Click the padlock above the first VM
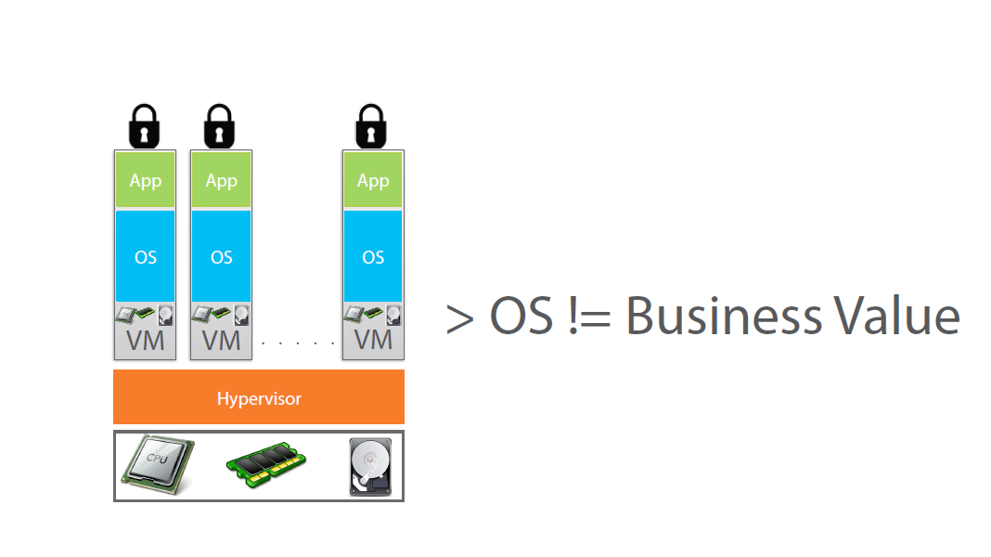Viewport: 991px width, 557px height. [x=144, y=125]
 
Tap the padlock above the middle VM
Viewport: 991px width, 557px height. [x=220, y=125]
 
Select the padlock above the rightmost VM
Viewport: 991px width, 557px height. [x=371, y=125]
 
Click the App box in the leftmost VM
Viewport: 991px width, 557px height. [x=146, y=180]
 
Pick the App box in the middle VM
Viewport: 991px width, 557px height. [x=222, y=180]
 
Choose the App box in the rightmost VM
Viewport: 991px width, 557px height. [x=373, y=180]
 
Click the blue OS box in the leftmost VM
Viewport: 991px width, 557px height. [x=146, y=256]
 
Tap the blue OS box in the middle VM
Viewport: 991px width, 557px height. [x=222, y=256]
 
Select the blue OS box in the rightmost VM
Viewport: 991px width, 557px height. [x=373, y=256]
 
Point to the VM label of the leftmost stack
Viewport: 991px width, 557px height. [x=146, y=341]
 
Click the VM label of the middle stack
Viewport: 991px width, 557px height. [x=222, y=341]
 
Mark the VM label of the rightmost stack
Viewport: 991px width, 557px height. [x=373, y=341]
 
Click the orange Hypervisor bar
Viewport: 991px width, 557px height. [x=259, y=397]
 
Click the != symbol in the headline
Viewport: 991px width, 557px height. [x=585, y=317]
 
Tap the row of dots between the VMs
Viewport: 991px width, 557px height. [x=298, y=343]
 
